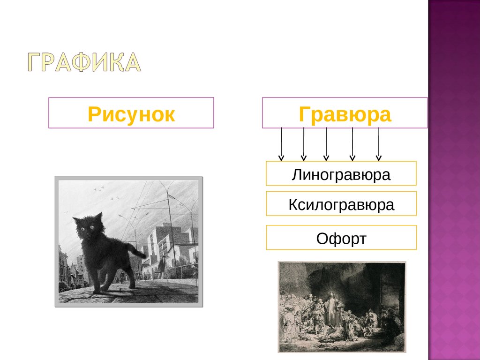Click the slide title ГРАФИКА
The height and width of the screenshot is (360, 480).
[x=83, y=63]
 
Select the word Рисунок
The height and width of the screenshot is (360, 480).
[x=131, y=114]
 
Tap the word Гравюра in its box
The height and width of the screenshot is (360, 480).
[x=345, y=114]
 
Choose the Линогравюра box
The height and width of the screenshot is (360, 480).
[x=341, y=174]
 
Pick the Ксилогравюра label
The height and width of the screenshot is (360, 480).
[x=341, y=204]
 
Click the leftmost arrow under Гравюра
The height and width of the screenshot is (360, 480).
[x=281, y=143]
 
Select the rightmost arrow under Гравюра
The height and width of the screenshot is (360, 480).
[x=379, y=143]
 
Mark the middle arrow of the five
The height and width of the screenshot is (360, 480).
[x=326, y=143]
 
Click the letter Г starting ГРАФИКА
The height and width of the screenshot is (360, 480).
[x=35, y=63]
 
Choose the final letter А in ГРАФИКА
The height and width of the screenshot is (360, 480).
[x=131, y=63]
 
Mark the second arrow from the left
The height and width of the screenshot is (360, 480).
[x=304, y=143]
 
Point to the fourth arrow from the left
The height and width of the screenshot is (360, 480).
[x=352, y=143]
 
